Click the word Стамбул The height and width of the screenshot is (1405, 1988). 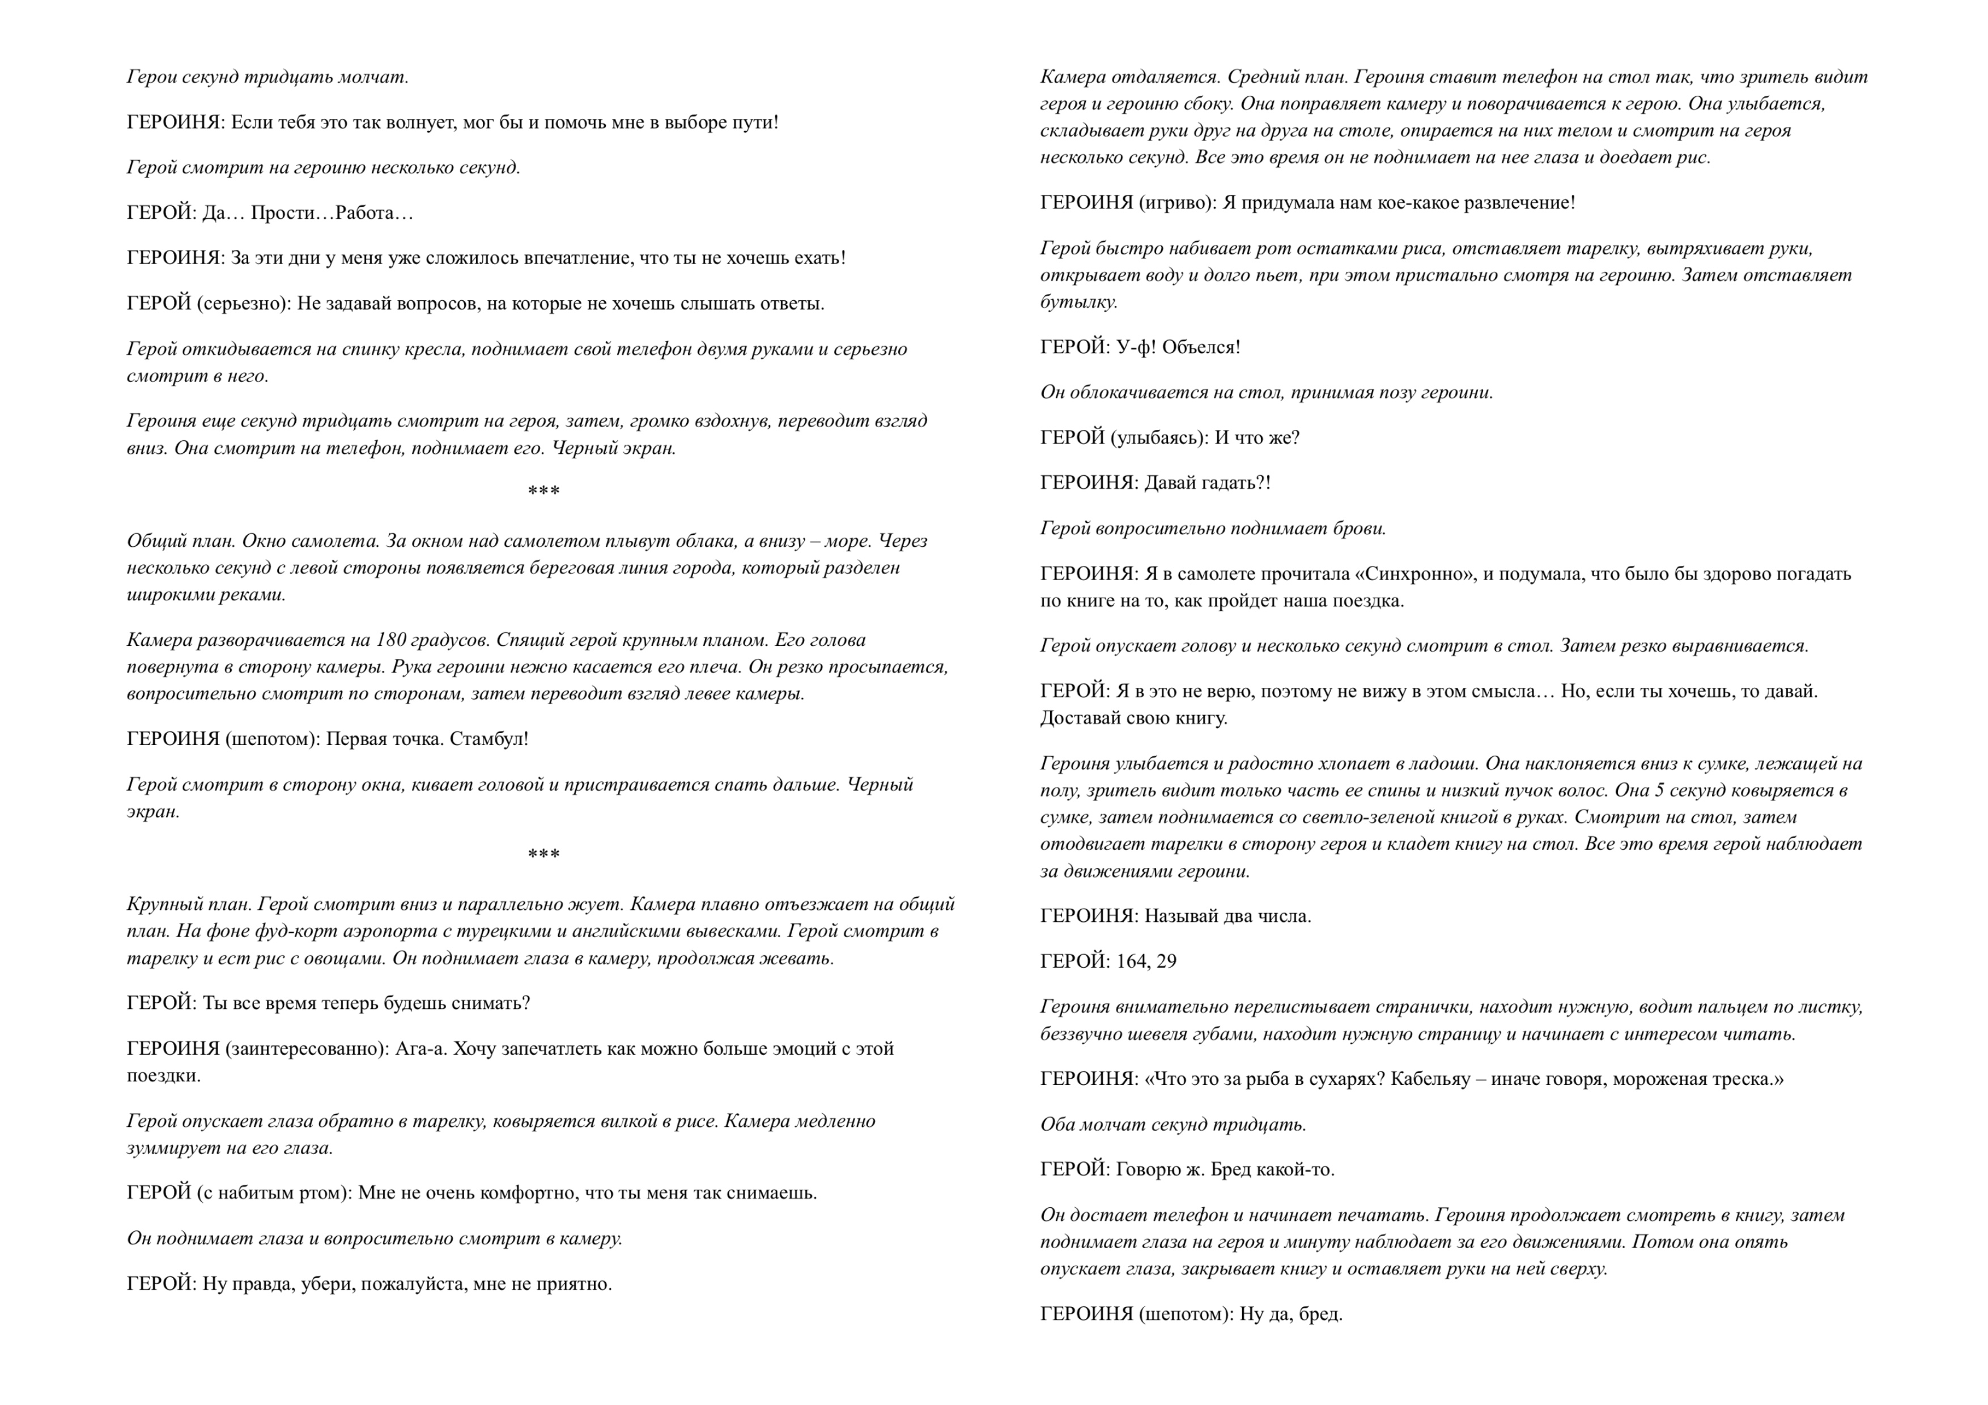tap(488, 739)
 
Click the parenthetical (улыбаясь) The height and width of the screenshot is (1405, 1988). tap(1159, 438)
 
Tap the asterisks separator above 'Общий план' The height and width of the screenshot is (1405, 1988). tap(544, 492)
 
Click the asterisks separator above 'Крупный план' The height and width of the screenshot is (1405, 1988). tap(544, 855)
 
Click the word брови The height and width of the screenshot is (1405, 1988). tap(1361, 529)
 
